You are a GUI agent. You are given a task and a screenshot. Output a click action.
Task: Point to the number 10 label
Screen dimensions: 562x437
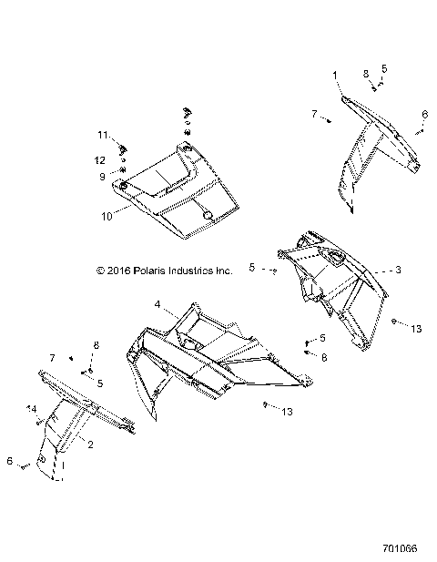(x=107, y=217)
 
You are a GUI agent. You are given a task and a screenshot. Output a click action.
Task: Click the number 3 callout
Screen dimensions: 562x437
(x=397, y=271)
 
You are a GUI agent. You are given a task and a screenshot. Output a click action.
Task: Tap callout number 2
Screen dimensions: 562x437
(x=91, y=444)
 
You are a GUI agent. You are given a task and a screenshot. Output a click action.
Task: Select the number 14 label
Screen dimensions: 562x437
(x=31, y=410)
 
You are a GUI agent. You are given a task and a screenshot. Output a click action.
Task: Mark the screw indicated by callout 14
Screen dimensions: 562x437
(x=38, y=422)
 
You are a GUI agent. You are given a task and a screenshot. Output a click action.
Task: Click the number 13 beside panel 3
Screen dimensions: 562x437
(x=416, y=327)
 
